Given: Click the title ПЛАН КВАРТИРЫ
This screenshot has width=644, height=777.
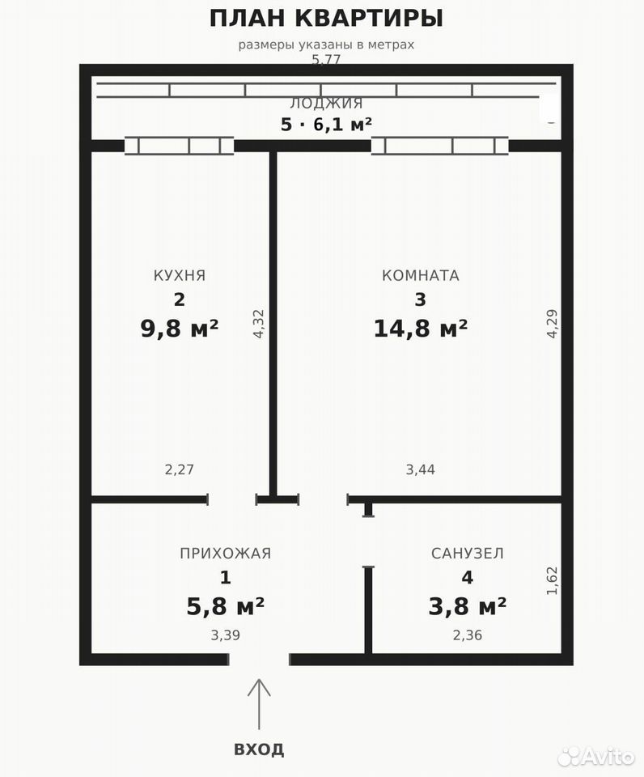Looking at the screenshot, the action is tap(326, 19).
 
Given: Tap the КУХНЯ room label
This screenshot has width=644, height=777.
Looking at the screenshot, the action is tap(180, 275).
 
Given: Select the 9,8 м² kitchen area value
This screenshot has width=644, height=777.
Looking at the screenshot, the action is tap(180, 328).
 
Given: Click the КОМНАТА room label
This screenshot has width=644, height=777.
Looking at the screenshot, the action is tap(420, 275).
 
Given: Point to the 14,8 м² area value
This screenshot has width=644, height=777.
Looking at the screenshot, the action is tap(420, 328).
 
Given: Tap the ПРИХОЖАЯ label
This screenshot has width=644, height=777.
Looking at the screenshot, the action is tap(226, 553).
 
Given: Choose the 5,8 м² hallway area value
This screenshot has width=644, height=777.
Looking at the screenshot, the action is tap(226, 606).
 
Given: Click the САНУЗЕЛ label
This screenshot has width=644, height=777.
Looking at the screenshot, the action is tap(467, 553).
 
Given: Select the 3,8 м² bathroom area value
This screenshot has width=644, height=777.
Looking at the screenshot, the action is tap(467, 606).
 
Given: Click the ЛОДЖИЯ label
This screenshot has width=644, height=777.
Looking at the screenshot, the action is tap(327, 104).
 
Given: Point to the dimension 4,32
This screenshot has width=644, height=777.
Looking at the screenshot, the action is tap(259, 324).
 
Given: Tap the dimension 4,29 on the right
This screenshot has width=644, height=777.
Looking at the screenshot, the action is tap(553, 324).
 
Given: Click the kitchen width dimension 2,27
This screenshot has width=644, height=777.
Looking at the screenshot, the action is tap(180, 469).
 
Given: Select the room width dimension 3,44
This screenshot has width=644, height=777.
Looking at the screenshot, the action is tap(420, 469).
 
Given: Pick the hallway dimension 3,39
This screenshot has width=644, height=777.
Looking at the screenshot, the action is tap(226, 635).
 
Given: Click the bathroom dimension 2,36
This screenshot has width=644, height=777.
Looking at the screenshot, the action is tap(467, 635).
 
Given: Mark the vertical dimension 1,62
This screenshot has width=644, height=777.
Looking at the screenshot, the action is tap(553, 581).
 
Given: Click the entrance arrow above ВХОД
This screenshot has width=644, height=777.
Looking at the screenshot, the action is tap(259, 703).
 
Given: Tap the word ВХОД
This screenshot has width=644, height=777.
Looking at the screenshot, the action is tap(259, 749).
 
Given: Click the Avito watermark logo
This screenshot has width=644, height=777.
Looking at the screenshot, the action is tap(596, 756).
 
